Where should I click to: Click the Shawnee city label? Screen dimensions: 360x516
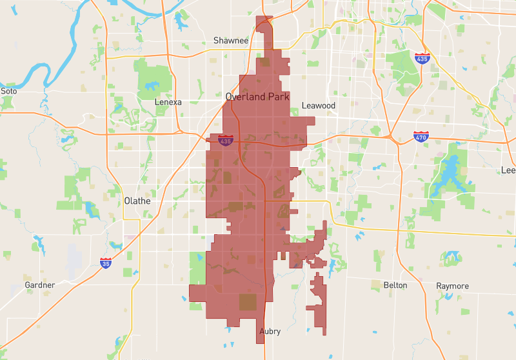[x=231, y=41]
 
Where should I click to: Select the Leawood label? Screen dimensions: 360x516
[x=319, y=105]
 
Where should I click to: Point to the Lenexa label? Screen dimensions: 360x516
[x=168, y=102]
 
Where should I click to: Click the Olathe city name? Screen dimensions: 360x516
[x=137, y=201]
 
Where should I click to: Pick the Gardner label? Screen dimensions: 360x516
[x=40, y=285]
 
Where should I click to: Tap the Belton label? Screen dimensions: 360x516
[x=395, y=285]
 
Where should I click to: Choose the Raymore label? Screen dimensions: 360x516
[x=452, y=286]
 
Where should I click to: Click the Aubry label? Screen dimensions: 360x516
[x=270, y=332]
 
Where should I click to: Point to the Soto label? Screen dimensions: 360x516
[x=8, y=91]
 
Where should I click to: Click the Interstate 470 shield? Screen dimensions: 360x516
[x=421, y=136]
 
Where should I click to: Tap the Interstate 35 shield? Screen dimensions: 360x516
[x=106, y=263]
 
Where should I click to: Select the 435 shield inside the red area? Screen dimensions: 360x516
[x=225, y=140]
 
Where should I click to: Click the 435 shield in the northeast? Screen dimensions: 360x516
[x=422, y=59]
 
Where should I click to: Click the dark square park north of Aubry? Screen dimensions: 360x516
[x=248, y=302]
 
